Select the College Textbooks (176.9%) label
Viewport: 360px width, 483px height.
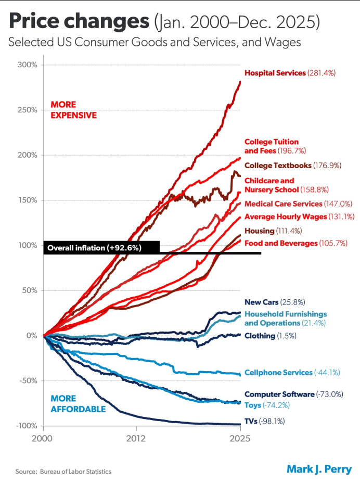pos(293,166)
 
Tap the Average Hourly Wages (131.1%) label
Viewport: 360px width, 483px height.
pos(293,217)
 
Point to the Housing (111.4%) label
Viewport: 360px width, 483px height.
pos(272,231)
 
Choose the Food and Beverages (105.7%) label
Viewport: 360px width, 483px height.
pos(295,243)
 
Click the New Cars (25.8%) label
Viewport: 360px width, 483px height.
pos(274,302)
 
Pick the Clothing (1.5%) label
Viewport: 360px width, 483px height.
pos(270,336)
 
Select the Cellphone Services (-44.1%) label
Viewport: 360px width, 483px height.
pos(292,373)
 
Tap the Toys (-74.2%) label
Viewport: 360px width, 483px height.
pos(267,404)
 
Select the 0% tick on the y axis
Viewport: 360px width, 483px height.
pos(31,336)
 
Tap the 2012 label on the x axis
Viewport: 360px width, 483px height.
pos(136,438)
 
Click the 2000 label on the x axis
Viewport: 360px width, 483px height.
pos(44,438)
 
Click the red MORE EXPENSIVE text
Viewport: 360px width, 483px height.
pos(73,110)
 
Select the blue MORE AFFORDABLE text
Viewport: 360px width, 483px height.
pos(78,404)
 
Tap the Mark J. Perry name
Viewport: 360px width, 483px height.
pos(319,469)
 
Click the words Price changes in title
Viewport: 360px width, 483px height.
pos(78,22)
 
